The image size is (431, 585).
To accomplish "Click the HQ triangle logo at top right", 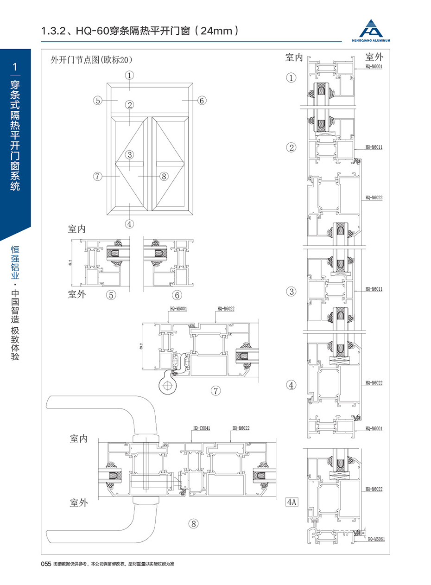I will pos(374,28).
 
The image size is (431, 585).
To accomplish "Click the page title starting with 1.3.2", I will pos(139,31).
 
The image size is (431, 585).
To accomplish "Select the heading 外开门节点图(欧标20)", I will pos(91,60).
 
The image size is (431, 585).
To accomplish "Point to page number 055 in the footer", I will pos(46,564).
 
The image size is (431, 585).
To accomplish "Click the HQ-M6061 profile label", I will pos(376,539).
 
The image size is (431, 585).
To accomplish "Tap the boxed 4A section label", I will pos(292,502).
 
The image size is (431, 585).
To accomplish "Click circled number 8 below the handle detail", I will pos(193,524).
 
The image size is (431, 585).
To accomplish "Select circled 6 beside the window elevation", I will pos(202,100).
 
